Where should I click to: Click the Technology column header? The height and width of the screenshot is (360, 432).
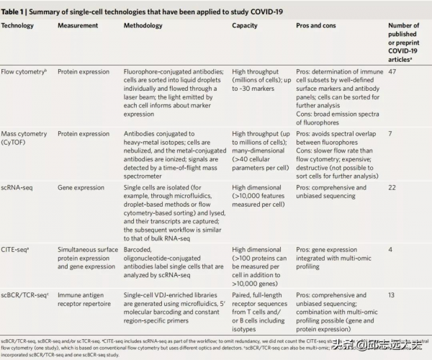[x=18, y=25]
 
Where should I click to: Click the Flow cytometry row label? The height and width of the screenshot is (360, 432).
[x=24, y=72]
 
